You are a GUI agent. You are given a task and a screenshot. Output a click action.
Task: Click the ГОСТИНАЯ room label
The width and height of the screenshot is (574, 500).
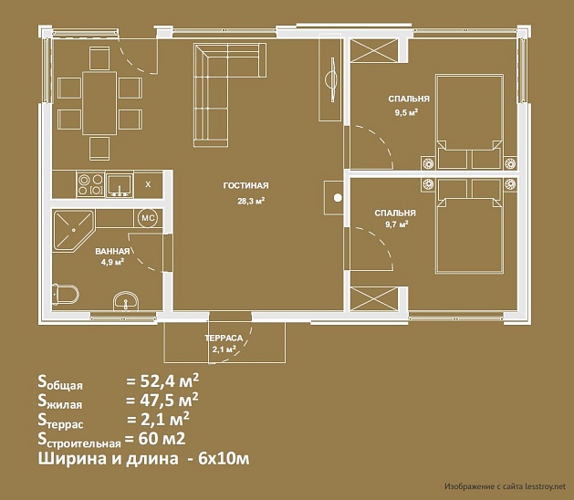pyautogui.click(x=245, y=185)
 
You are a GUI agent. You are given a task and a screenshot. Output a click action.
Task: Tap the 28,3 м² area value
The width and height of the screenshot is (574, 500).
pyautogui.click(x=251, y=201)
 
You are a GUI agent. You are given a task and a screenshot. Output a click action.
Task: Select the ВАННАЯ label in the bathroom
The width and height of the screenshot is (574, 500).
pyautogui.click(x=112, y=251)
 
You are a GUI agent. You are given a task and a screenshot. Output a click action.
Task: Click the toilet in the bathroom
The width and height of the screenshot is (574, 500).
pyautogui.click(x=66, y=294)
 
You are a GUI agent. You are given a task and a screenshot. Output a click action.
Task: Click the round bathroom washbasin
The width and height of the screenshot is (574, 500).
pyautogui.click(x=126, y=301)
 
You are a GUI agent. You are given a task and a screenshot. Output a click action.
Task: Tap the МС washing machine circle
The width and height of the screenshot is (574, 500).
pyautogui.click(x=148, y=218)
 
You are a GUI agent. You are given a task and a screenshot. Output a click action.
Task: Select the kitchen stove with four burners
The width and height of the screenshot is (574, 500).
pyautogui.click(x=90, y=184)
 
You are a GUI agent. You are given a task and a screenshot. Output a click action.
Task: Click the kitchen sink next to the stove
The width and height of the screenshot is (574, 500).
pyautogui.click(x=120, y=185)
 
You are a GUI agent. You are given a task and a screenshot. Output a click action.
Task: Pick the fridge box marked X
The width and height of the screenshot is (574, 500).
pyautogui.click(x=148, y=184)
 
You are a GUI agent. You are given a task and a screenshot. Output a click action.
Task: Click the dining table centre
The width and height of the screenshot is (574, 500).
pyautogui.click(x=99, y=103)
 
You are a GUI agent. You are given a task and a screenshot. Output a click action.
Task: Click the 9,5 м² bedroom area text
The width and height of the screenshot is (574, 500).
pyautogui.click(x=406, y=112)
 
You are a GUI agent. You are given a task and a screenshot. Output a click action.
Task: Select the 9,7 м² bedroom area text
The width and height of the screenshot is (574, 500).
pyautogui.click(x=397, y=224)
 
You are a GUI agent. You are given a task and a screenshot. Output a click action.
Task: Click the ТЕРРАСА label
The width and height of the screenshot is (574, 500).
pyautogui.click(x=224, y=338)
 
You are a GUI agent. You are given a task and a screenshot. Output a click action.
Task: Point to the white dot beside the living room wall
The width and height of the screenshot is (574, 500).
pyautogui.click(x=338, y=198)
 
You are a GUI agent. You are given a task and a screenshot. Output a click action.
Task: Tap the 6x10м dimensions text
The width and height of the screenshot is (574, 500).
pyautogui.click(x=224, y=458)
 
